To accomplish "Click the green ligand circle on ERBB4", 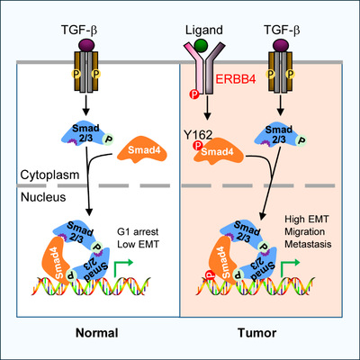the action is [x=201, y=45].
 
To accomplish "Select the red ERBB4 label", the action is [x=236, y=79].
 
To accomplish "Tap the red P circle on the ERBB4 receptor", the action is [x=194, y=94].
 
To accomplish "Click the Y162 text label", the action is [x=198, y=135].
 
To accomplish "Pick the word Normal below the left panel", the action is [x=97, y=333].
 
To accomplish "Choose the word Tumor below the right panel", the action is [x=257, y=333].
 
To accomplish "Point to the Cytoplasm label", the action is [x=49, y=175].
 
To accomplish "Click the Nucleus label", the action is [x=43, y=197].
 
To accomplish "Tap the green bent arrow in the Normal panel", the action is [x=123, y=267].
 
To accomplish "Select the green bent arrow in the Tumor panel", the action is [x=290, y=267].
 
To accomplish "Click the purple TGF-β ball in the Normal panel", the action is [x=86, y=45].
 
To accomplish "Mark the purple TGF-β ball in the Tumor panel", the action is [x=281, y=45].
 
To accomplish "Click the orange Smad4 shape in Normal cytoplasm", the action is [x=142, y=152].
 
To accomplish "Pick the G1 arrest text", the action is [x=138, y=232].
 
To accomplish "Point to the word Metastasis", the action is [x=308, y=244].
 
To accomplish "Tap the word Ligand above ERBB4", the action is [x=204, y=30].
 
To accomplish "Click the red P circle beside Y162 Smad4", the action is [x=197, y=146].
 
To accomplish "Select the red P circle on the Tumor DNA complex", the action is [x=210, y=274].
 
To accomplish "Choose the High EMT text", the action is [x=307, y=219].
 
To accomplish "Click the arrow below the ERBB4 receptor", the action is [x=207, y=107].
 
